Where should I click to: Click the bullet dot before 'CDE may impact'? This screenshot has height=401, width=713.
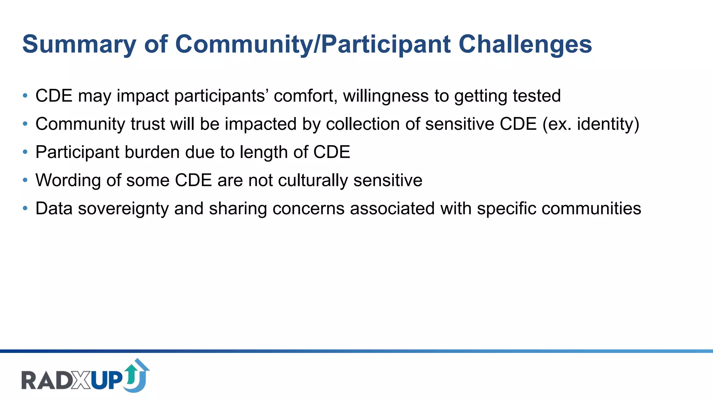coord(25,96)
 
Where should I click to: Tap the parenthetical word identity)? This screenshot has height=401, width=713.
coord(608,124)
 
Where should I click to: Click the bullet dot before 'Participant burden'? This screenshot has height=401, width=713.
coord(25,152)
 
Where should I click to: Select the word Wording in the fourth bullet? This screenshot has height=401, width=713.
coord(68,180)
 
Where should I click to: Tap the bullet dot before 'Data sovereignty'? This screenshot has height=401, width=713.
coord(25,209)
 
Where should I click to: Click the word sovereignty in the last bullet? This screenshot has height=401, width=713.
coord(123,209)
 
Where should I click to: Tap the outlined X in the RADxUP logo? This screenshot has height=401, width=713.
coord(81,380)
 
